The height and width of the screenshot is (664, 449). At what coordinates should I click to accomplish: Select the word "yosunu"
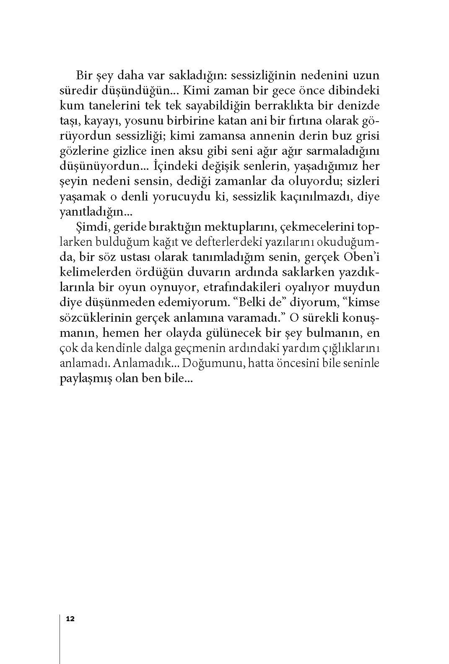(x=142, y=121)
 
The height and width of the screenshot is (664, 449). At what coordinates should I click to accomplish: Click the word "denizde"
(x=360, y=106)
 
